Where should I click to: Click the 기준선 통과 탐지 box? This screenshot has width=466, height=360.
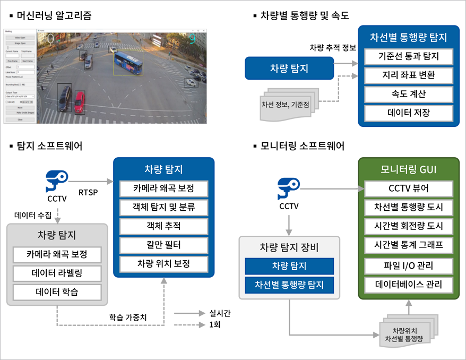[408, 56]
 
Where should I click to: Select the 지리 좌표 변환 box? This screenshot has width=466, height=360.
[408, 75]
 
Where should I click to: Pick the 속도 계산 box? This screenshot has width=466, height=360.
[408, 94]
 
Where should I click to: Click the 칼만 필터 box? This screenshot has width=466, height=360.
[163, 245]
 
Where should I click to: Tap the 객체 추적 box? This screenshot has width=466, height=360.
[163, 226]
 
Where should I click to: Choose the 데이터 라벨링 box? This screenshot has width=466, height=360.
[57, 273]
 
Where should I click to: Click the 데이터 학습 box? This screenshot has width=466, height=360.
[57, 292]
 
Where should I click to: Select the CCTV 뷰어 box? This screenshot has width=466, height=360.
[408, 188]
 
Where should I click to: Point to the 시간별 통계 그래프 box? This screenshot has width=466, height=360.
[408, 245]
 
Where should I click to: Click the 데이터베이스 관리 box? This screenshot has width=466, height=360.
[408, 284]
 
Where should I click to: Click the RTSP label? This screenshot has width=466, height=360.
[88, 192]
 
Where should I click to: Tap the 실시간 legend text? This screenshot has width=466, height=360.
[220, 313]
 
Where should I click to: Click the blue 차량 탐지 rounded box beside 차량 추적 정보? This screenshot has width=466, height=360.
[289, 68]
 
